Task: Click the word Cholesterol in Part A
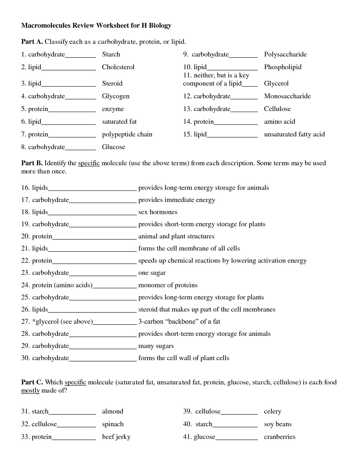point(118,67)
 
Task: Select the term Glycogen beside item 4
point(115,96)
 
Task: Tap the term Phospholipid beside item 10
point(283,67)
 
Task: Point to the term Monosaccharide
point(287,96)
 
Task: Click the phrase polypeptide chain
point(127,134)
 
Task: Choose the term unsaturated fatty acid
point(294,134)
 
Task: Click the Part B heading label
point(32,163)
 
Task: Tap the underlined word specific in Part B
point(89,163)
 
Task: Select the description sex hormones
point(158,212)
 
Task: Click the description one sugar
point(152,273)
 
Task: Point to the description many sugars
point(156,346)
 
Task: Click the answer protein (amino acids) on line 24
point(62,285)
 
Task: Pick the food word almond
point(112,411)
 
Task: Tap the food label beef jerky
point(116,437)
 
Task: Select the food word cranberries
point(280,437)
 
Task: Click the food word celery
point(272,411)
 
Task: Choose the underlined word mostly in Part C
point(30,391)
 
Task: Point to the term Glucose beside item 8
point(114,147)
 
